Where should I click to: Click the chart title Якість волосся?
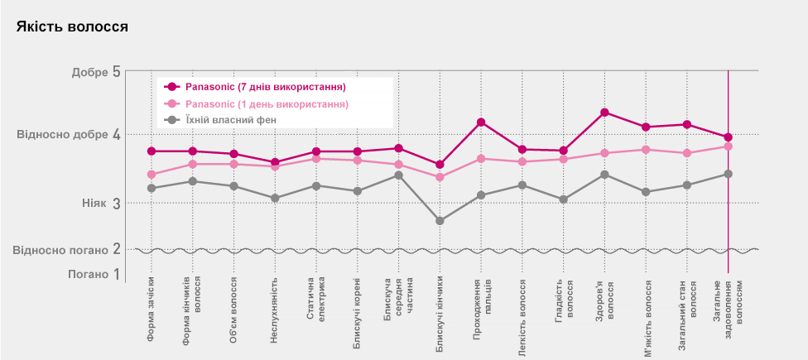(x=72, y=26)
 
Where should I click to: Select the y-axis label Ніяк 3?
(x=101, y=203)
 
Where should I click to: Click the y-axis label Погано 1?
(x=99, y=274)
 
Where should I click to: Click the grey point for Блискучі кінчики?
(x=440, y=221)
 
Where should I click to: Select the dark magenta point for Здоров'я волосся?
(x=604, y=113)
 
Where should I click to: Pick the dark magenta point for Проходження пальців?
(x=480, y=122)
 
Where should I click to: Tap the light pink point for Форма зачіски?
(x=151, y=175)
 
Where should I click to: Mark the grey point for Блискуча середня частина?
(x=398, y=175)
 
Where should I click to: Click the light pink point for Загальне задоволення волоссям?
(x=728, y=146)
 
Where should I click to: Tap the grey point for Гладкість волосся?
(x=563, y=199)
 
